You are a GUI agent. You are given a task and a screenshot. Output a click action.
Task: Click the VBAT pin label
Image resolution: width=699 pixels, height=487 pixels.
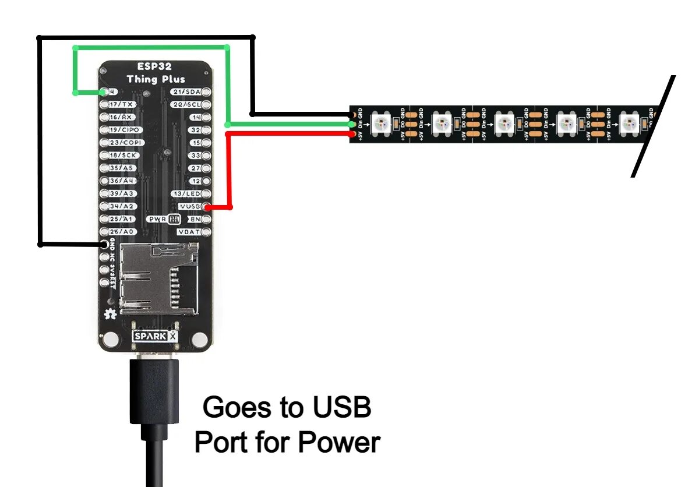click(x=189, y=232)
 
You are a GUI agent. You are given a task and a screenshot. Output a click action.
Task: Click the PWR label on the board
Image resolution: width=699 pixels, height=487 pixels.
click(x=157, y=219)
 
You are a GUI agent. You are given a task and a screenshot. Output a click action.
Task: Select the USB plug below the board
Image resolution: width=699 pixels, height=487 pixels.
click(x=153, y=390)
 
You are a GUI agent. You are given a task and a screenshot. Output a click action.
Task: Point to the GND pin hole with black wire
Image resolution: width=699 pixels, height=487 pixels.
click(x=106, y=245)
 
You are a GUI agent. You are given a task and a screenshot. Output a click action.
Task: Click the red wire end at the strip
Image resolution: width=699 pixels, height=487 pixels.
click(x=351, y=135)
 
